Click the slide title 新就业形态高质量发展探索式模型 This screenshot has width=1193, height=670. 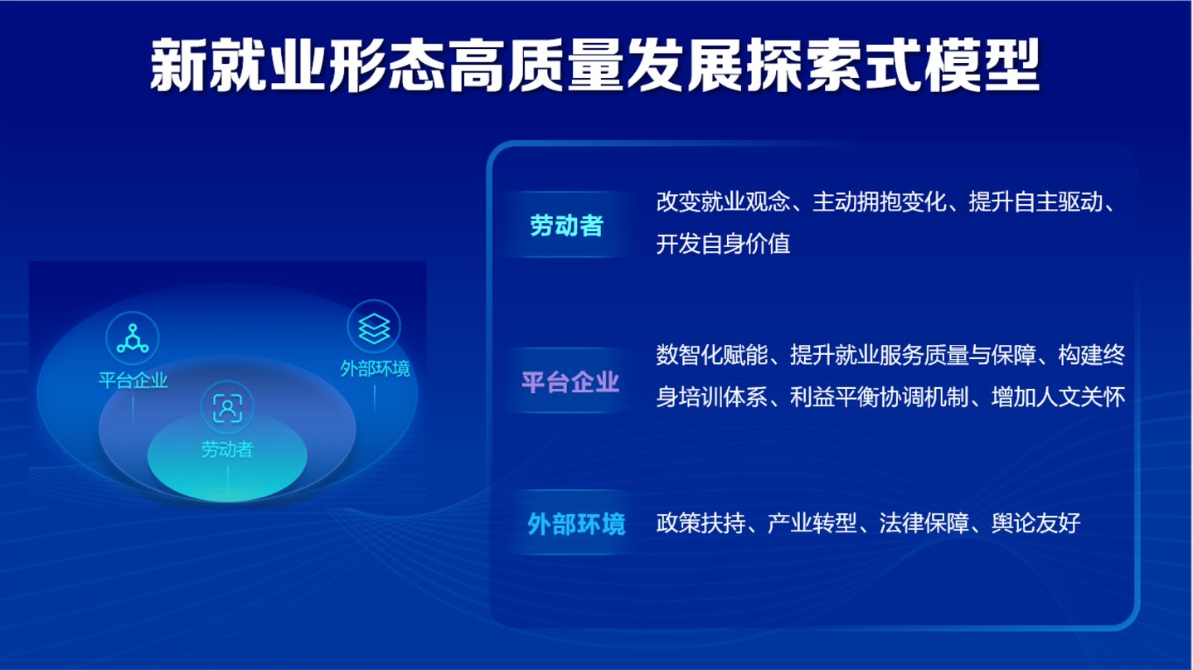coord(595,65)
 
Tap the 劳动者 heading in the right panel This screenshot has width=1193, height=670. coord(567,226)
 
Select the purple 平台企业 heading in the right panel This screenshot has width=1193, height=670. coord(570,382)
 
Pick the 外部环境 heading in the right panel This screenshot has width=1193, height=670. coord(576,524)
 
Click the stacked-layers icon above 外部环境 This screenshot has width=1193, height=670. coord(374,328)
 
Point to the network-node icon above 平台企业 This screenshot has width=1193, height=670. coord(133,338)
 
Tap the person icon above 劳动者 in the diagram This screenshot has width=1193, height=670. coord(227,408)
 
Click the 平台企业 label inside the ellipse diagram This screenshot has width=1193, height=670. coord(133,381)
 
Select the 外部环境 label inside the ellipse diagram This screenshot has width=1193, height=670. coord(375,368)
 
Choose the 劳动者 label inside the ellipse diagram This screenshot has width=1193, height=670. coord(227,449)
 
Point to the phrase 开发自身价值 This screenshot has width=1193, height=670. coord(723,244)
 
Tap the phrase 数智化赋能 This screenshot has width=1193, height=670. coord(711,355)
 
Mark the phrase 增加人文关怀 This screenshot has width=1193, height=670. coord(1058,397)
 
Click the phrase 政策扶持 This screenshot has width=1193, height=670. coord(701,523)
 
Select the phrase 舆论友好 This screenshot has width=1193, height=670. coord(1035,523)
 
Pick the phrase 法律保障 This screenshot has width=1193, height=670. coord(924,523)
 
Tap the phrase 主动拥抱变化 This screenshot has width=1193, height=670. coord(880,201)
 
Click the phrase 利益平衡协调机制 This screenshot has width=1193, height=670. coord(880,397)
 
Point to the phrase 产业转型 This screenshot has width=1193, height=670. coord(812,523)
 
